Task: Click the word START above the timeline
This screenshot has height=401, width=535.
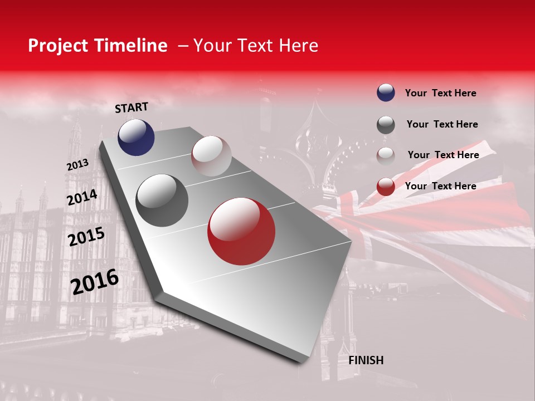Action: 132,107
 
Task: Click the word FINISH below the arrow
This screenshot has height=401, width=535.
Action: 366,360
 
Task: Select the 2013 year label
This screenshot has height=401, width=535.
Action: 77,165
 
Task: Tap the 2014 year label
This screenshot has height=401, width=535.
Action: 82,198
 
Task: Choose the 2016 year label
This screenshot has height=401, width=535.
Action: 95,281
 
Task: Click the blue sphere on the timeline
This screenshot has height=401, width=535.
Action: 136,137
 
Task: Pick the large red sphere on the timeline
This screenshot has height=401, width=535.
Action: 241,232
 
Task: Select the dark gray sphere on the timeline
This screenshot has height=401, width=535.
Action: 162,200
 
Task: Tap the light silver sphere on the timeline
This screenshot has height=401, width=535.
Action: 211,156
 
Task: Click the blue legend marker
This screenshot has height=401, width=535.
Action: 386,92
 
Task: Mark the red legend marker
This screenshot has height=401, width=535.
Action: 386,187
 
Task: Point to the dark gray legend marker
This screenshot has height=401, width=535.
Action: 386,125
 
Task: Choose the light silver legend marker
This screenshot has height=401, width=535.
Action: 386,155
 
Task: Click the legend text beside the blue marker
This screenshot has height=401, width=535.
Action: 440,93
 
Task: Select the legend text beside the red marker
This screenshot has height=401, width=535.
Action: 440,186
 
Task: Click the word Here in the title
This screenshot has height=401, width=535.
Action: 299,46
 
